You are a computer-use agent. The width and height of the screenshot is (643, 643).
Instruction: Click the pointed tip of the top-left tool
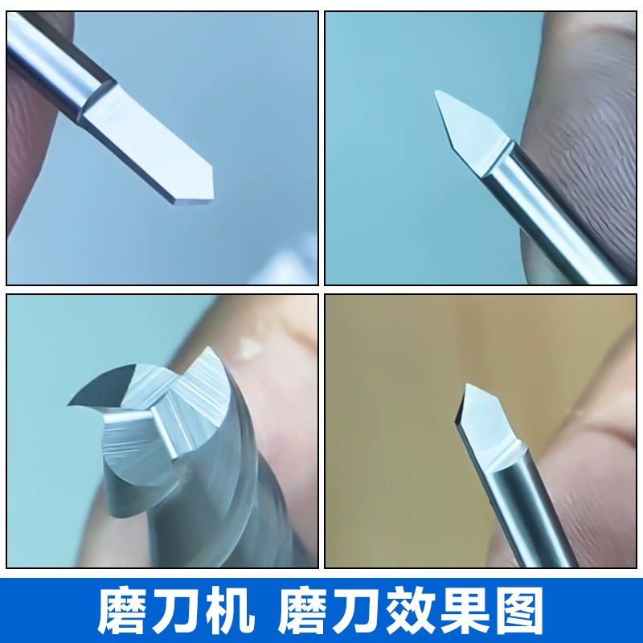(213, 168)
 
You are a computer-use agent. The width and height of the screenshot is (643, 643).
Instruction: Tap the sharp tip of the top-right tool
(435, 92)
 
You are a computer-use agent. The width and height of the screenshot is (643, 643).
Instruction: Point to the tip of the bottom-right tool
(466, 384)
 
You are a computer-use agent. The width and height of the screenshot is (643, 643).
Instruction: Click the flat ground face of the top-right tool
(472, 127)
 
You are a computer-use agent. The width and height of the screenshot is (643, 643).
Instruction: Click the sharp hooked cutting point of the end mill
(70, 405)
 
